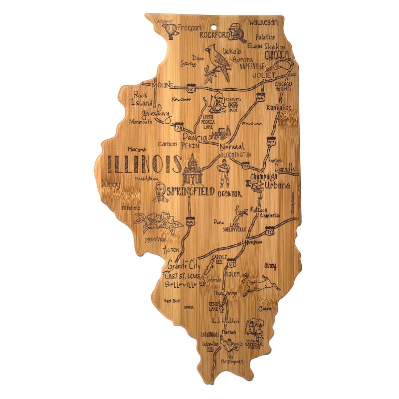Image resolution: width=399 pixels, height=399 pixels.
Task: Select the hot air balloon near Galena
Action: click(x=171, y=31)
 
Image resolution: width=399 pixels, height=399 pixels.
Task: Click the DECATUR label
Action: click(x=229, y=194)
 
